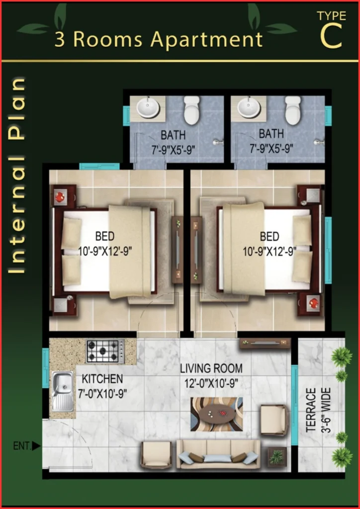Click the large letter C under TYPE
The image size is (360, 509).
pos(331,36)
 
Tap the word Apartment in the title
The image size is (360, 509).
pos(206,40)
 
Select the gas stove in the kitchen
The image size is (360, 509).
pos(105,351)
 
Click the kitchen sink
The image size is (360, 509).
pos(62,391)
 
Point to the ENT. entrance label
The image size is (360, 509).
pos(22,446)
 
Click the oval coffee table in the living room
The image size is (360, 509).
pos(217,414)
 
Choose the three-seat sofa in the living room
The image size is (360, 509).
pos(218,454)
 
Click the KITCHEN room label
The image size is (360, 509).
pos(102,379)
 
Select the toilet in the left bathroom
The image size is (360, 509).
pos(192,110)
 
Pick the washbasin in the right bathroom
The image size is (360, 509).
pos(249,108)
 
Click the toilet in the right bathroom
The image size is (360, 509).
pos(293,110)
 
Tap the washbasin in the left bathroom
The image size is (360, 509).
pos(148,108)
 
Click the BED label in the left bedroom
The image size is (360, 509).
pos(105,236)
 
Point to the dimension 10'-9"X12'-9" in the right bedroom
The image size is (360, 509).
pos(270,252)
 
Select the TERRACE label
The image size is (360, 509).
pos(311,410)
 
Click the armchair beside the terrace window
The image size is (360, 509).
pos(274,420)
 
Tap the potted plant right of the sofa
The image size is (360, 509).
pos(276,457)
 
